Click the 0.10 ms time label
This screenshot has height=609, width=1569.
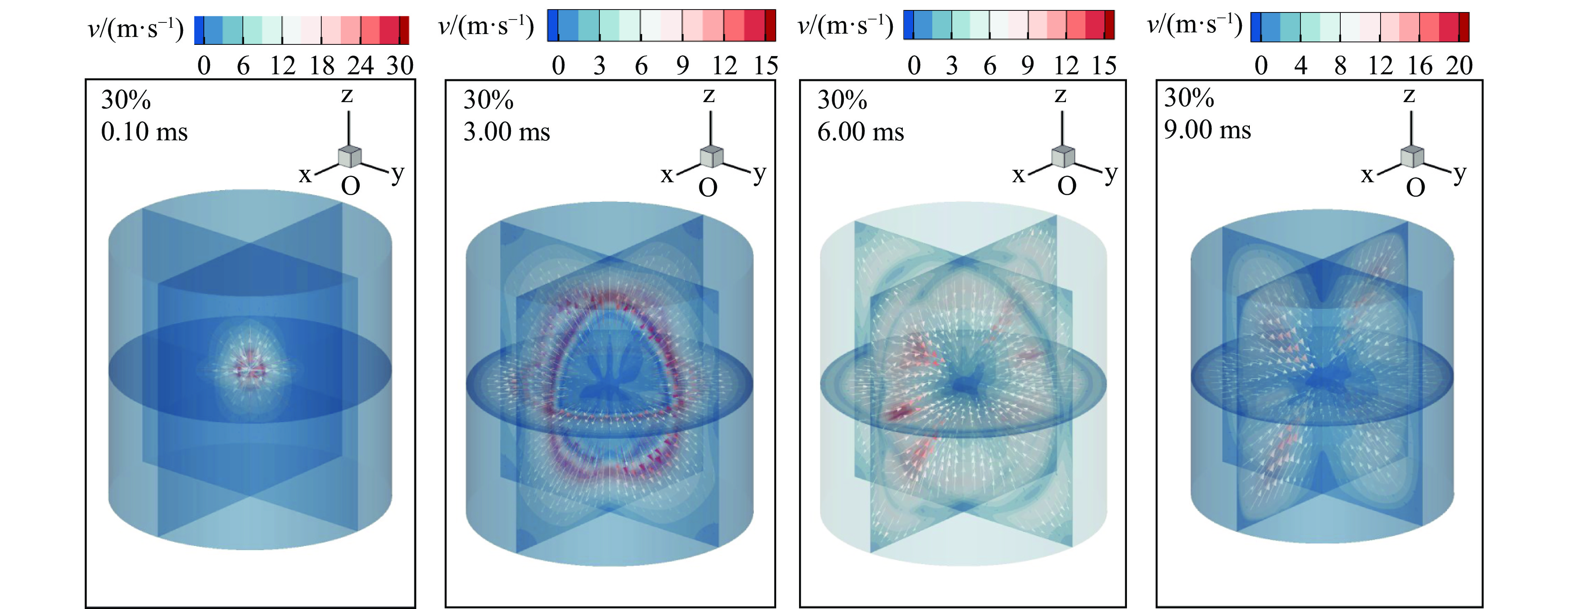[144, 132]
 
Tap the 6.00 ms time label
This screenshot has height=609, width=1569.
[860, 132]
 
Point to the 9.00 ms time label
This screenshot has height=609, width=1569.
[1207, 130]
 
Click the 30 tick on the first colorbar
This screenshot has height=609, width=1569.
[400, 66]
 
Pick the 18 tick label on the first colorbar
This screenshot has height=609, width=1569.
[322, 66]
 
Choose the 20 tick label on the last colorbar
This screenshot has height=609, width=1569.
[1459, 66]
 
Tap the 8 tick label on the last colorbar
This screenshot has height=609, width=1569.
[1340, 66]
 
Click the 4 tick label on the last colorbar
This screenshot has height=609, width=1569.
[1300, 66]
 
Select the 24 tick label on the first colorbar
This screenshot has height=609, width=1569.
[361, 66]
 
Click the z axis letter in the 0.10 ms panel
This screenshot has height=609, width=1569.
[347, 95]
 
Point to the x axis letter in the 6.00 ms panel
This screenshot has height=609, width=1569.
[1018, 175]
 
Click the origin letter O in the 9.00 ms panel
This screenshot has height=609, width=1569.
[1415, 188]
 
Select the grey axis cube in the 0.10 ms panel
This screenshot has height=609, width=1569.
[349, 157]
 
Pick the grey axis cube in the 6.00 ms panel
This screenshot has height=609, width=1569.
[1063, 157]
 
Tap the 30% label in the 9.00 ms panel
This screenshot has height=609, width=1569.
[1188, 98]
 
